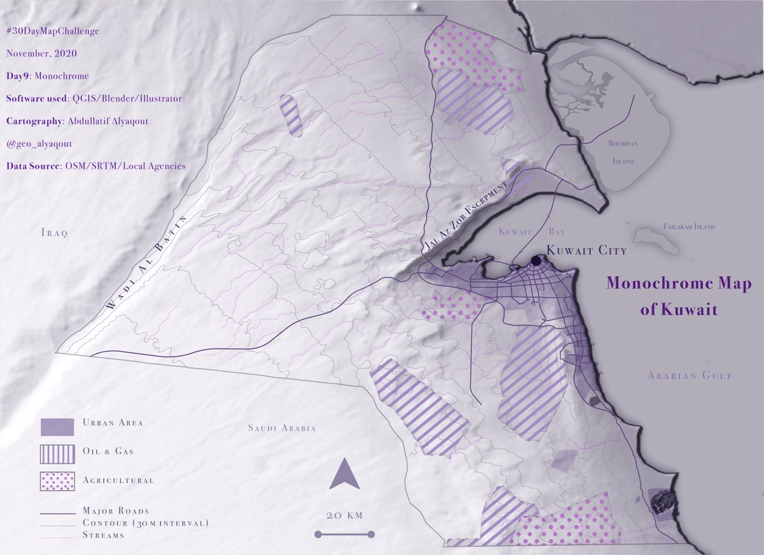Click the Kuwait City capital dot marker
536,260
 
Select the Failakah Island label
688,227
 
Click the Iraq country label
54,232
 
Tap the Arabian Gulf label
690,376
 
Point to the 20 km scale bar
344,534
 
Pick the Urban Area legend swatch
57,427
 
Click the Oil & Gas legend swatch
57,454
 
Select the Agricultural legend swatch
57,481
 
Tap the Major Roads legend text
116,510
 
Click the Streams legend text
103,535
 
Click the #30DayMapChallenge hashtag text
52,31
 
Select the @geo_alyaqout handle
39,144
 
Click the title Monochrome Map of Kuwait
679,296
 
